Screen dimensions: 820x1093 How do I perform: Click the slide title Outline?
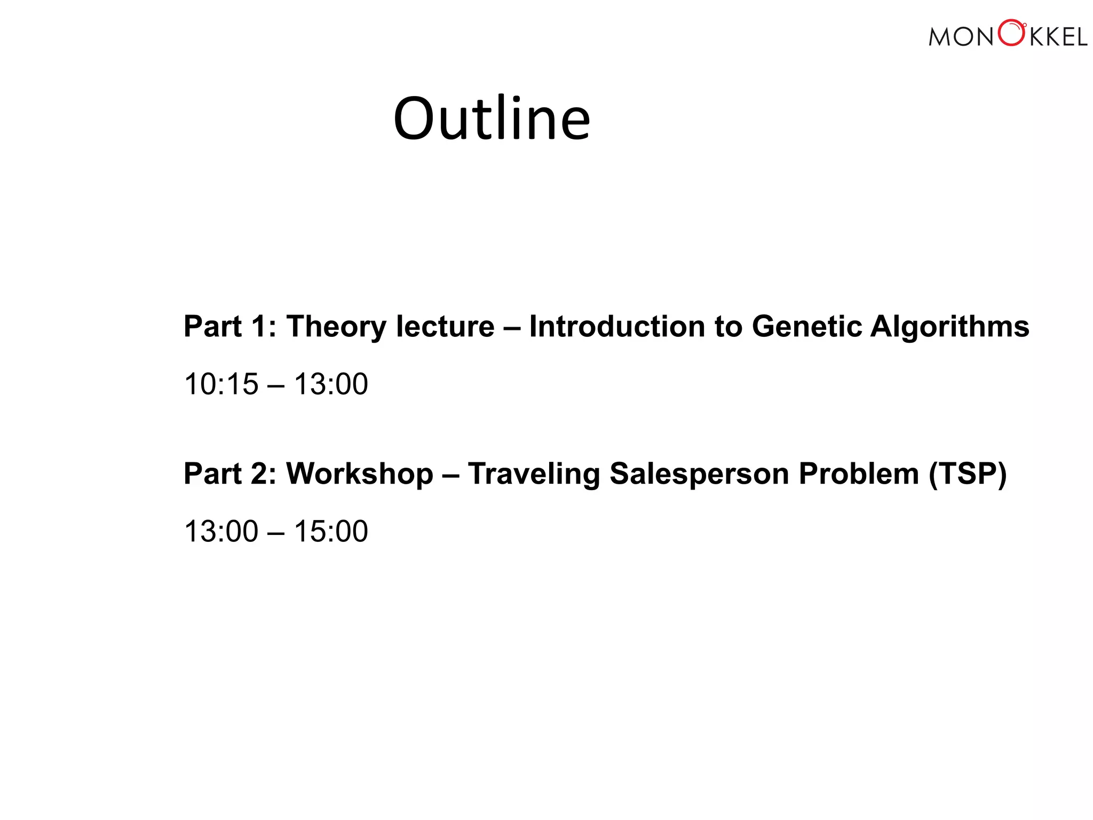click(x=492, y=119)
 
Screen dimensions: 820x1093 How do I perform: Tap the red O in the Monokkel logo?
click(x=1011, y=34)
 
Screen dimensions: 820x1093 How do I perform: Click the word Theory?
click(x=336, y=327)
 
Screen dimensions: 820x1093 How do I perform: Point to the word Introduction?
click(x=617, y=327)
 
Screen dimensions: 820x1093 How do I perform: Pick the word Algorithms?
click(x=949, y=327)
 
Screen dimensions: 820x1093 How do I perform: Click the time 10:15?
click(x=221, y=384)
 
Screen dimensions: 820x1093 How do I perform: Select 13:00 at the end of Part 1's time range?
click(x=331, y=384)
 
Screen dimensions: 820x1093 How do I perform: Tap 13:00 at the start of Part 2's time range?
click(x=221, y=531)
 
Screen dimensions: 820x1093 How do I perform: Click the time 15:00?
click(x=331, y=531)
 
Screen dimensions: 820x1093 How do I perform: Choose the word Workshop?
click(x=360, y=474)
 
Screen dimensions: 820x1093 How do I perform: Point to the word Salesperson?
click(x=699, y=474)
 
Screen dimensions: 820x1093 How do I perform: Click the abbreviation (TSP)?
click(x=968, y=474)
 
